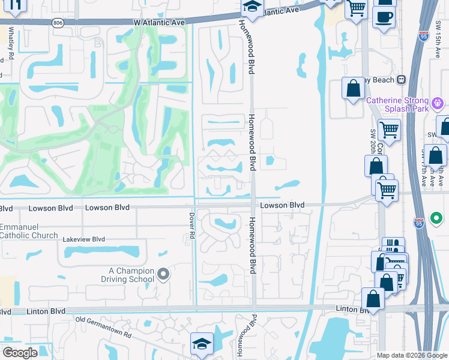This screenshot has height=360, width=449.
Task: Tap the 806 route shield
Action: [58, 22]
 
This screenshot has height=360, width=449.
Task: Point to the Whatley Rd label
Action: [11, 42]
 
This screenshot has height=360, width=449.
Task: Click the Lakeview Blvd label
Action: [84, 239]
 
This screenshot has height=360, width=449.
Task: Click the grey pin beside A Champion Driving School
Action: [163, 275]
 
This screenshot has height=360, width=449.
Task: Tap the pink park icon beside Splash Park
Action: [439, 103]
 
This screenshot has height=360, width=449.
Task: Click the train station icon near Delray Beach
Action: [401, 80]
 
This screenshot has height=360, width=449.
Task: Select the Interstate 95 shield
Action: [419, 223]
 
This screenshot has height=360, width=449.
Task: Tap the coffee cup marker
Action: [384, 16]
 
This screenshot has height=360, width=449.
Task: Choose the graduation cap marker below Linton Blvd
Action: [202, 344]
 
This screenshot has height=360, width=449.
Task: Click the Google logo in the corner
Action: [20, 353]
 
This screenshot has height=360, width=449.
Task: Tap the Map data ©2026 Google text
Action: [411, 355]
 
